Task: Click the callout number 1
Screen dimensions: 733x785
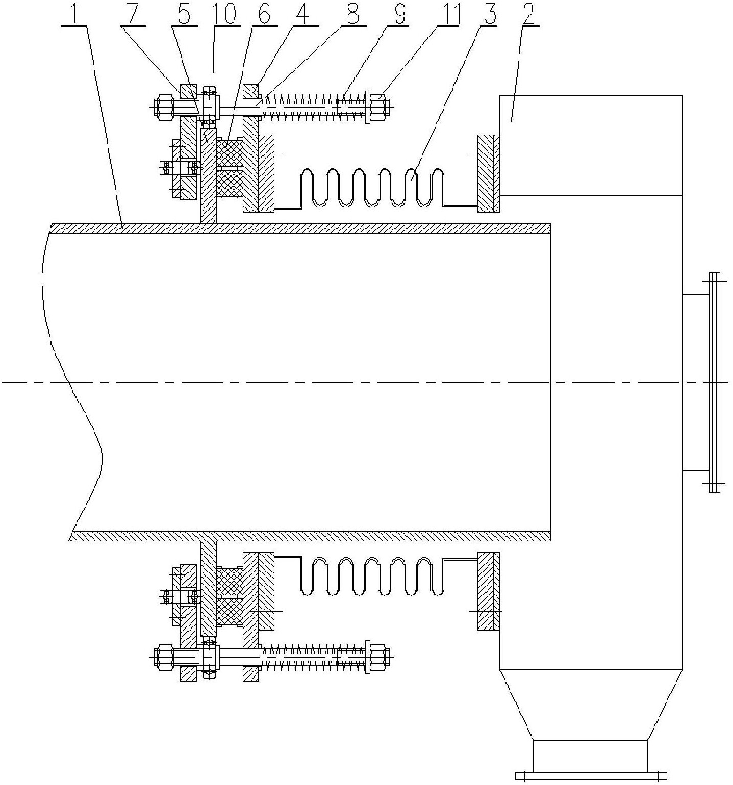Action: click(x=76, y=14)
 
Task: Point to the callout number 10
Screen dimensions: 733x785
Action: click(x=224, y=14)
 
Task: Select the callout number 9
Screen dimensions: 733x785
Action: click(x=400, y=14)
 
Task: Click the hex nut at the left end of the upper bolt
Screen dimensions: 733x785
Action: click(x=164, y=107)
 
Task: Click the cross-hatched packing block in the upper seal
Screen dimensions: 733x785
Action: click(x=230, y=168)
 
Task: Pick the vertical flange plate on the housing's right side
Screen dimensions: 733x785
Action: click(x=714, y=382)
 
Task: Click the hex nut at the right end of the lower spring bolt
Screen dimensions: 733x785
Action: click(x=377, y=656)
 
